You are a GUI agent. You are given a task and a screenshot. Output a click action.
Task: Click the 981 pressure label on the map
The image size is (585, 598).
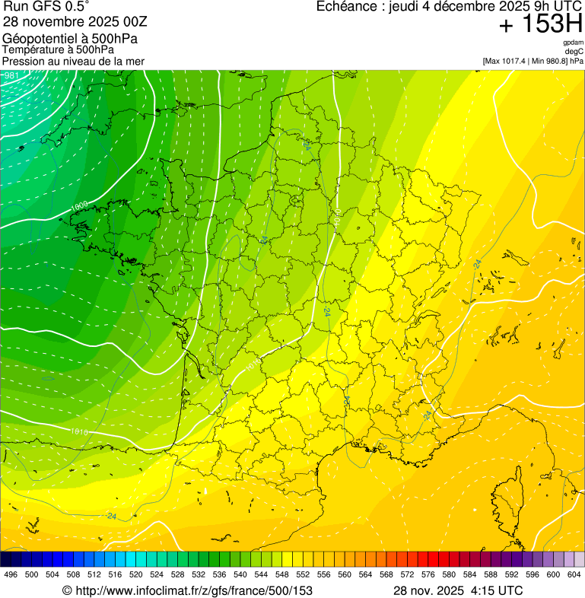tap(12, 75)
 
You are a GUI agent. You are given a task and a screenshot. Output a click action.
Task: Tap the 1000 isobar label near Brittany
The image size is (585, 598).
tap(80, 206)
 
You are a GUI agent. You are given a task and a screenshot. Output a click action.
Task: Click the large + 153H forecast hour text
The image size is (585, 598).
tap(541, 25)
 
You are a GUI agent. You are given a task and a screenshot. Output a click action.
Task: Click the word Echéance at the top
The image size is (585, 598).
tap(343, 7)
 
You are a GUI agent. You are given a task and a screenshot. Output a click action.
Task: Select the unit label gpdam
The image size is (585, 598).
tap(573, 43)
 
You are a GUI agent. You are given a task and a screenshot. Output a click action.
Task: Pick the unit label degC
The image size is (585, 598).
tap(574, 52)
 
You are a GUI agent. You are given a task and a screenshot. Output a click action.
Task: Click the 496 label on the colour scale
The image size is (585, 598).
tap(11, 574)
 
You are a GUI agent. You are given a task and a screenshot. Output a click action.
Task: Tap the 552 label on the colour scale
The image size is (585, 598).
tap(303, 574)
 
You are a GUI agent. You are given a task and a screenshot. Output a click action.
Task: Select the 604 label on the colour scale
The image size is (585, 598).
tap(574, 574)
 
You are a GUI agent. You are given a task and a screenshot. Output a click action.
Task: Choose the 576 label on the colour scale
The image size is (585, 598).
tap(428, 574)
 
